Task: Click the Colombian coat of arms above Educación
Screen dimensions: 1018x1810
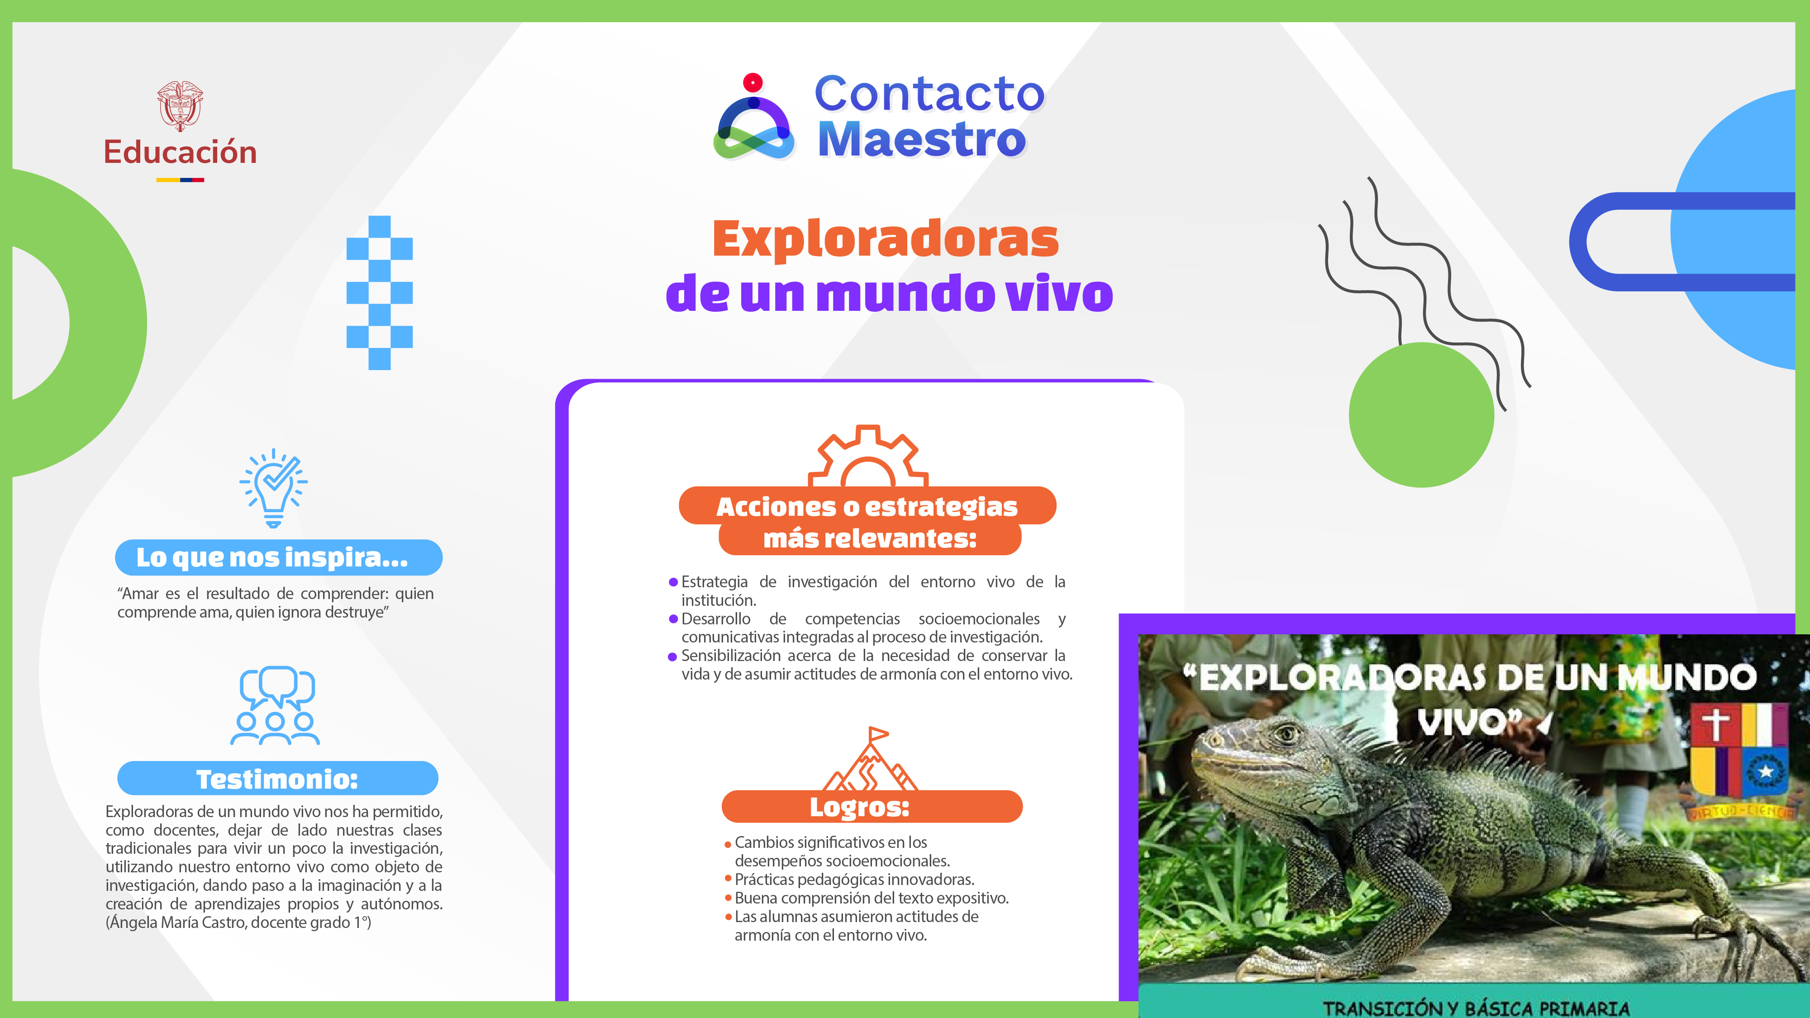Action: click(180, 105)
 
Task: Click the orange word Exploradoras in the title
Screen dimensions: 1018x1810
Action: click(886, 239)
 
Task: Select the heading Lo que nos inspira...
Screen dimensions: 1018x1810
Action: click(272, 557)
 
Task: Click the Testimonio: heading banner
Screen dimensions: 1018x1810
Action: click(277, 778)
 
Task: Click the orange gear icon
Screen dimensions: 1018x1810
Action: click(868, 457)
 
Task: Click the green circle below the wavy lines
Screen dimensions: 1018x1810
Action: click(1421, 415)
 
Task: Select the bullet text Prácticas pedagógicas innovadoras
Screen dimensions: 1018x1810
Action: click(854, 880)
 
